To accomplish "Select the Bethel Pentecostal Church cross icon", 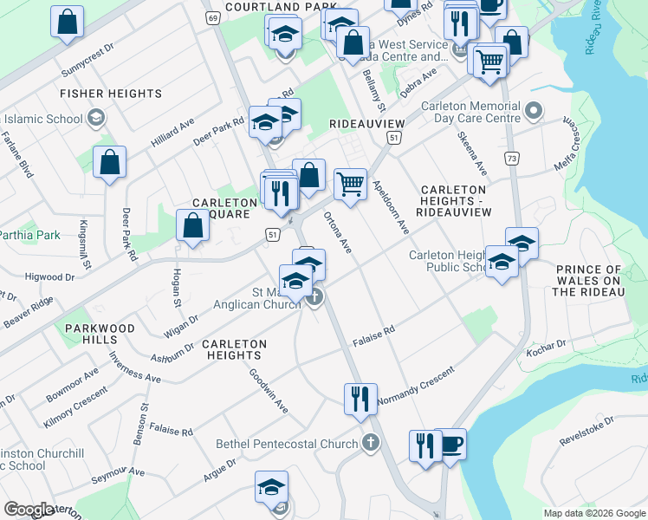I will pyautogui.click(x=371, y=444).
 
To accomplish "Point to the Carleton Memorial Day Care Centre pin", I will pyautogui.click(x=534, y=111).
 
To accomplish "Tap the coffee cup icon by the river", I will pyautogui.click(x=451, y=445).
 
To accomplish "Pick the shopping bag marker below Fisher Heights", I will pyautogui.click(x=110, y=162).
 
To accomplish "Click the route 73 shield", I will pyautogui.click(x=513, y=159).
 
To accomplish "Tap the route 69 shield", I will pyautogui.click(x=212, y=16).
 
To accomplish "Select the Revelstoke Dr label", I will pyautogui.click(x=586, y=431).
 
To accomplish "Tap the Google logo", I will pyautogui.click(x=29, y=510).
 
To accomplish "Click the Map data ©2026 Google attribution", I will pyautogui.click(x=593, y=513).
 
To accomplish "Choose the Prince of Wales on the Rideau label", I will pyautogui.click(x=588, y=281).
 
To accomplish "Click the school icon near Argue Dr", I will pyautogui.click(x=271, y=487).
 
